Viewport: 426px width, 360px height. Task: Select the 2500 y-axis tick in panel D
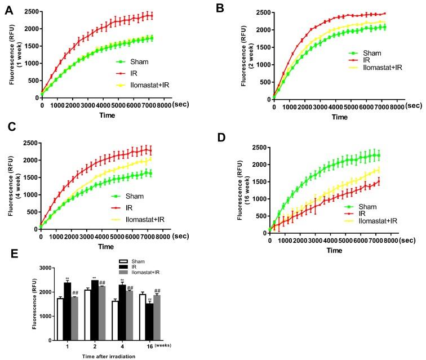click(x=259, y=148)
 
